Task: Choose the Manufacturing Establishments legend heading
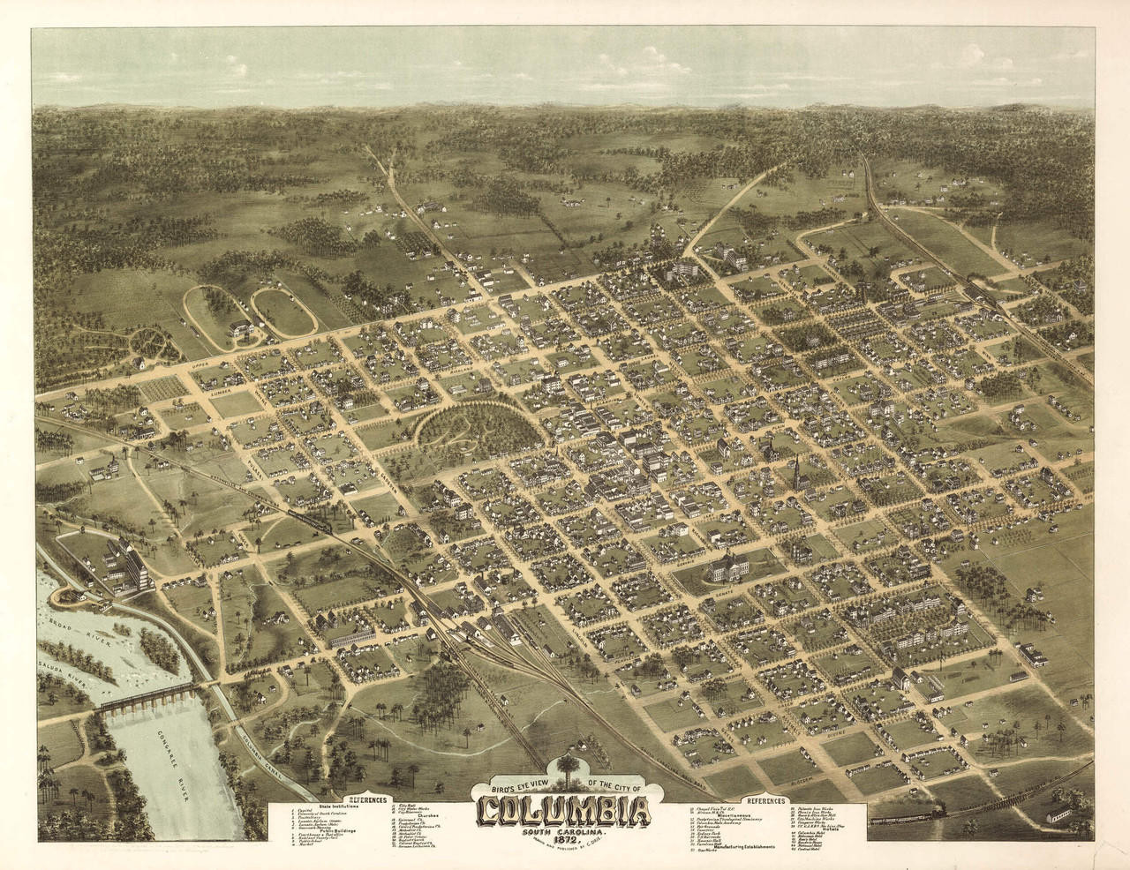pos(740,847)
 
